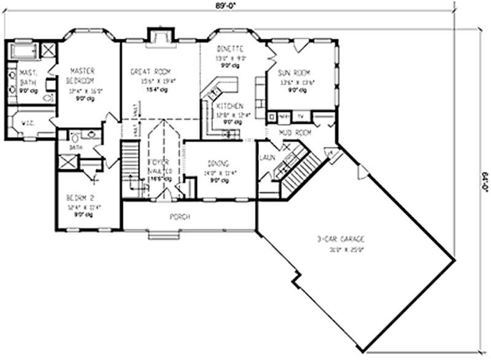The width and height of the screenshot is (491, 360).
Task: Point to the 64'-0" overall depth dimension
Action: [x=484, y=183]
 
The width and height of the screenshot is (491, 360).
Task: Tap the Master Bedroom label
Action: [x=81, y=75]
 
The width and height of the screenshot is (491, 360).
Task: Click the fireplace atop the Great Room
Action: [x=159, y=37]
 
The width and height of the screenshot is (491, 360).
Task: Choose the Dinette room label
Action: [x=231, y=49]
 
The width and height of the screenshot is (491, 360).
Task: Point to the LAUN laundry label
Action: [x=267, y=158]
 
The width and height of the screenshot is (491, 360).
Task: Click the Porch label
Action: [x=179, y=217]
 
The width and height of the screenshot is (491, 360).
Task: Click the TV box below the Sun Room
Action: [x=301, y=115]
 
